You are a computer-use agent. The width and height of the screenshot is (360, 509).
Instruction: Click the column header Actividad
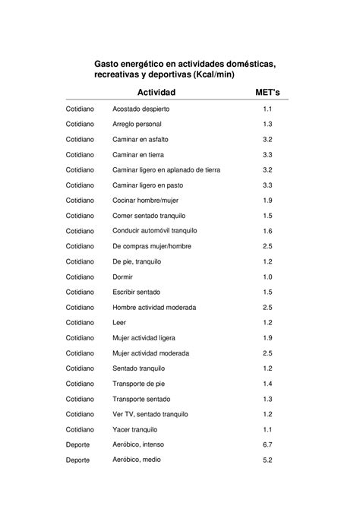(x=155, y=93)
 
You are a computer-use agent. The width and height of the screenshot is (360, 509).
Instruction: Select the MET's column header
(x=267, y=93)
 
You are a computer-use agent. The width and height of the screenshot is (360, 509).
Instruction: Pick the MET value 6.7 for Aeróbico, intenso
(x=267, y=444)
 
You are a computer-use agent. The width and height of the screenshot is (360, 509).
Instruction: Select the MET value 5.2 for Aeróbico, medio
(x=267, y=460)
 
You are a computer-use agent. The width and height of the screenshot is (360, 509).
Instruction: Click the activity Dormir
(x=123, y=277)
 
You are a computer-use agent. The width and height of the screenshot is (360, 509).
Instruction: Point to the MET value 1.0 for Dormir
(x=267, y=277)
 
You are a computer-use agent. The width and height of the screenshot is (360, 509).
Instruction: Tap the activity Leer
(x=119, y=322)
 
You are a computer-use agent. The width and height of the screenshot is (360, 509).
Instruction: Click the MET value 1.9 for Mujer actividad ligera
(x=267, y=337)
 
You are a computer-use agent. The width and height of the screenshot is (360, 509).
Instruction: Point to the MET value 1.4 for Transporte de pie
(x=267, y=384)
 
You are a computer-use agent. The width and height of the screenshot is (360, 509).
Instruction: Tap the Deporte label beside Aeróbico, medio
(x=78, y=460)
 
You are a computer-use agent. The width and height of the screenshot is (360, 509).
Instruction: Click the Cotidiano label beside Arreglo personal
(x=80, y=125)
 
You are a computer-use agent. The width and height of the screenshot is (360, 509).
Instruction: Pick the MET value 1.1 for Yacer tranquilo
(x=267, y=429)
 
